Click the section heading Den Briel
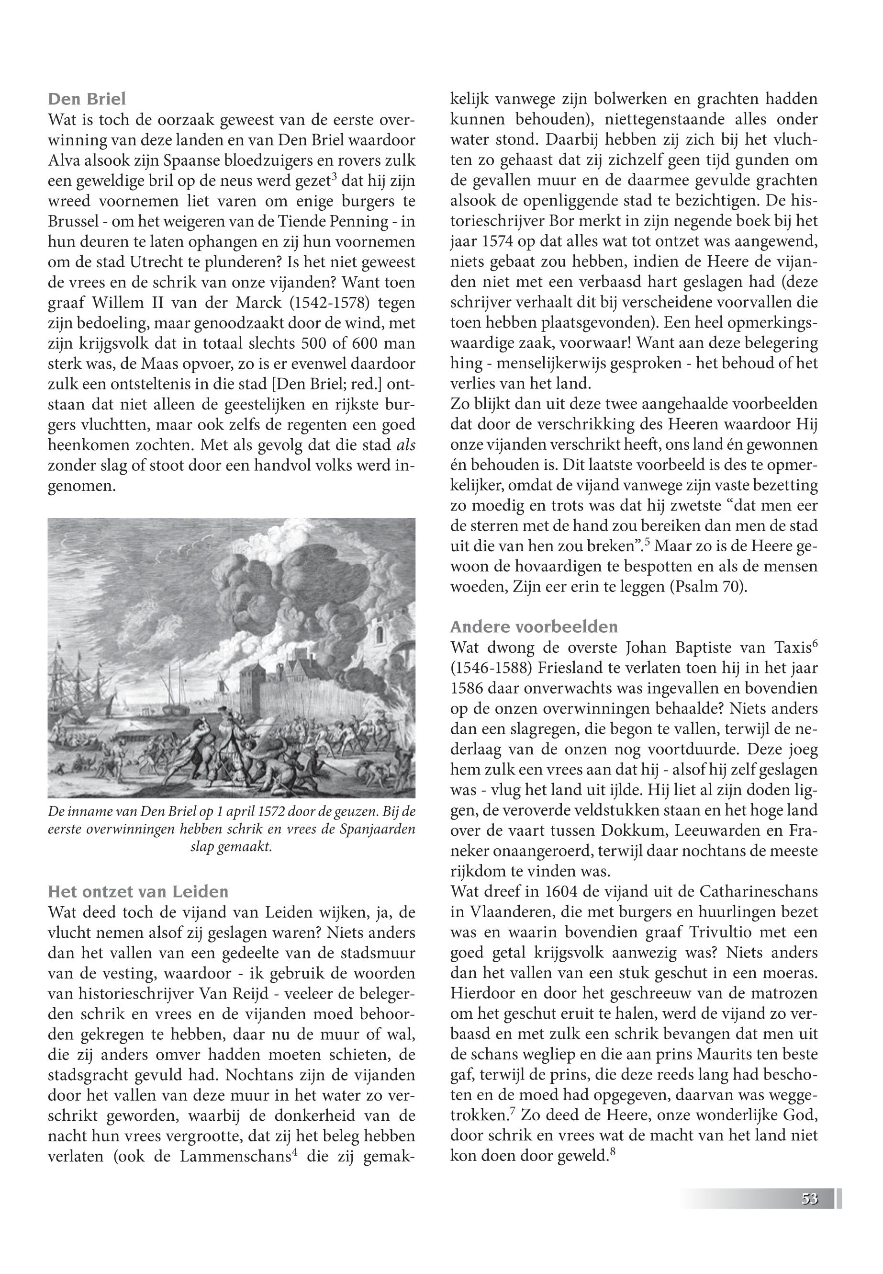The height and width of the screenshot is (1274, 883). pos(87,99)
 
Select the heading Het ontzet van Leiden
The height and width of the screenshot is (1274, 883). pos(138,891)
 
